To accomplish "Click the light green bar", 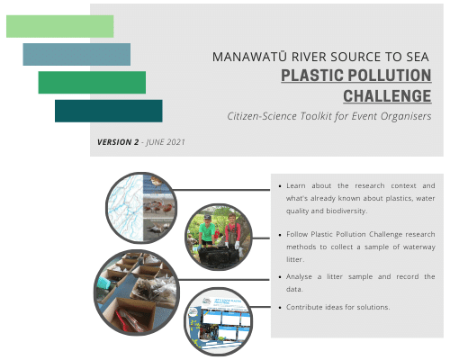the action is click(60, 26).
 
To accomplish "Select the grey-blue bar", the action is click(76, 54).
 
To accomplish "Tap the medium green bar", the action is click(92, 83).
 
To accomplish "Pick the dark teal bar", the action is click(109, 111).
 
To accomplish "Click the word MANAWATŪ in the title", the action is click(249, 57).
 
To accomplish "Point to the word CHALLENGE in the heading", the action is click(387, 96).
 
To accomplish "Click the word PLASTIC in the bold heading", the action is click(312, 76).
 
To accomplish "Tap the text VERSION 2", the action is click(118, 142).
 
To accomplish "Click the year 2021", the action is click(175, 142).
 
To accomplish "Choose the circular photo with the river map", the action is click(141, 208).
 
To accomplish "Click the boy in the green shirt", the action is click(207, 231).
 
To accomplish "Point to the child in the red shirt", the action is click(232, 231).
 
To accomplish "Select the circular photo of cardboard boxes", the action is click(137, 292).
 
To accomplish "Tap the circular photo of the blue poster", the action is click(218, 321).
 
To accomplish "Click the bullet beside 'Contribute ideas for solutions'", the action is click(280, 308).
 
